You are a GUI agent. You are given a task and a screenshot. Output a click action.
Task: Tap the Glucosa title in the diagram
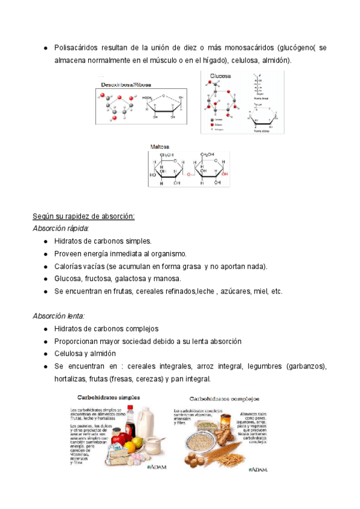(x=220, y=76)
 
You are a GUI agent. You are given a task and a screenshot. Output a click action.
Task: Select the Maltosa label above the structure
(x=160, y=146)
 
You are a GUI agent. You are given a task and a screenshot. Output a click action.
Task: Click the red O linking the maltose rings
(x=188, y=175)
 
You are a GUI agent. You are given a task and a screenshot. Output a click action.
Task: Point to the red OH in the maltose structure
(x=223, y=175)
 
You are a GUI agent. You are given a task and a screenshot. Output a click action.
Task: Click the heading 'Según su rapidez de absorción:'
(x=83, y=216)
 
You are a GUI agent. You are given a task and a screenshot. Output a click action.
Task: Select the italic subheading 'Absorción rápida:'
(x=61, y=229)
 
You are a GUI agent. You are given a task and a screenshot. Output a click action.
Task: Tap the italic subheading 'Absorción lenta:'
(x=59, y=316)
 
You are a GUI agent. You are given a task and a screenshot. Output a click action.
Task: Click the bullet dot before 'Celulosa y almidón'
(x=46, y=354)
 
